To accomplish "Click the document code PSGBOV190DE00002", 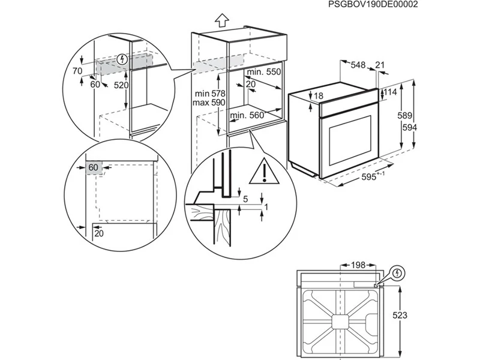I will pos(373,4).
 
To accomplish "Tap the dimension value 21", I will pos(380,64).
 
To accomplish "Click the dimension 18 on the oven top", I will pos(318,97).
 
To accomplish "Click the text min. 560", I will pos(247,115).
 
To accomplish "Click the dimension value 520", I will pos(122,85).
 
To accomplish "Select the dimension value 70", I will pos(77,71).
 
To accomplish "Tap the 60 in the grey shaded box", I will pos(94,167).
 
